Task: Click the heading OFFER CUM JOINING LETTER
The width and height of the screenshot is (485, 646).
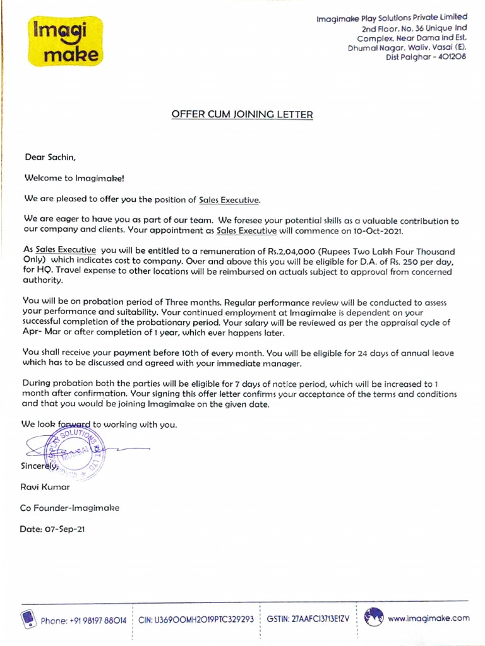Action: point(242,114)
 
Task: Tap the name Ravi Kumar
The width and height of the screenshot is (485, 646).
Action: point(46,487)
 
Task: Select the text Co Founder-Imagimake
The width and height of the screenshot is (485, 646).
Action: point(69,508)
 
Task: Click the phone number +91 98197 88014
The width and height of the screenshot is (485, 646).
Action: point(94,620)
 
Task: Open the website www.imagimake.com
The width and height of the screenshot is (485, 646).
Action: point(429,619)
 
